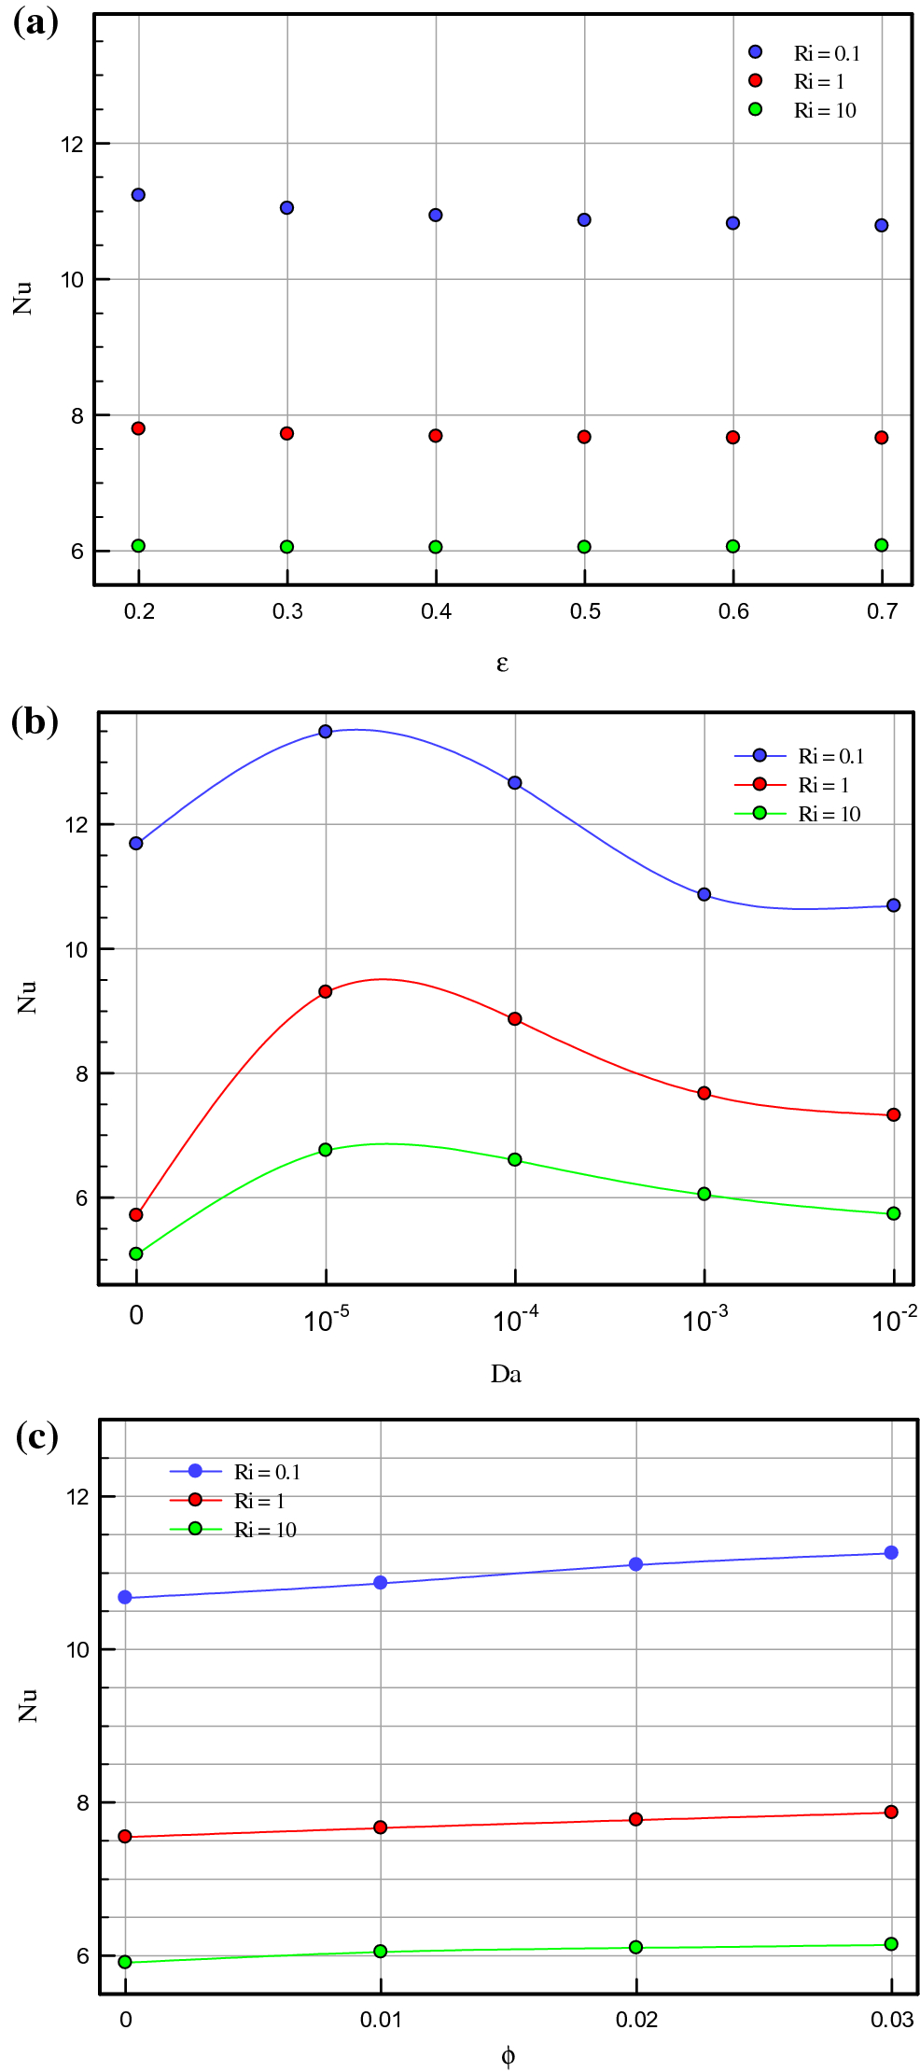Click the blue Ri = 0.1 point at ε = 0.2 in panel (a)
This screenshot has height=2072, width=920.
[x=138, y=195]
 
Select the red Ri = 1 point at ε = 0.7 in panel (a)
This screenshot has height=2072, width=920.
[x=882, y=438]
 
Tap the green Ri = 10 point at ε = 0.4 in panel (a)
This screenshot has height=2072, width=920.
[x=436, y=547]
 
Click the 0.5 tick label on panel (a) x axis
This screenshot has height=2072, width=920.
[x=585, y=611]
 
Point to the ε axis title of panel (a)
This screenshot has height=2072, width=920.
[x=502, y=663]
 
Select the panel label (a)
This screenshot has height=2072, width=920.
[x=35, y=21]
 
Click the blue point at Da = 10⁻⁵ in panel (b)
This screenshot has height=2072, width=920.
[x=326, y=732]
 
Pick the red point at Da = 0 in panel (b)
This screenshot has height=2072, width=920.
[x=136, y=1214]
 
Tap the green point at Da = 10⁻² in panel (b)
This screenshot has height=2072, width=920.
[x=894, y=1213]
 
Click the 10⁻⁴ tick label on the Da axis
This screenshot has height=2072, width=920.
[x=516, y=1319]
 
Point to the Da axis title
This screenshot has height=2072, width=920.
[x=506, y=1373]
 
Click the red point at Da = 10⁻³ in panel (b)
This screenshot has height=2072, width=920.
[x=704, y=1093]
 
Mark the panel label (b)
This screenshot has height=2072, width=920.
[x=35, y=721]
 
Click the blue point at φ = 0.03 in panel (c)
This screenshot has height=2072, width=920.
[x=891, y=1552]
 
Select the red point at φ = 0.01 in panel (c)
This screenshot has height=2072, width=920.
[x=381, y=1827]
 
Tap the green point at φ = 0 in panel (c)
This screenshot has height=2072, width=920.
[x=125, y=1962]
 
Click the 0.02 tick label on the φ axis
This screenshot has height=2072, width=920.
[x=636, y=2020]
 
